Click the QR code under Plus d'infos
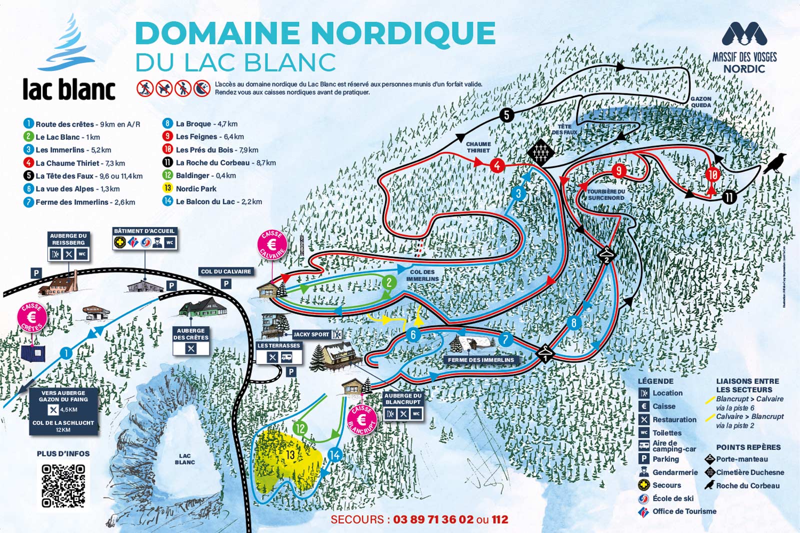point(63,486)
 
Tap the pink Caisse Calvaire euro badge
point(272,245)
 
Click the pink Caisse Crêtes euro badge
point(32,317)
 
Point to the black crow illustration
point(774,163)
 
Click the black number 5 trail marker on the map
point(506,115)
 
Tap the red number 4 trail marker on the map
point(496,165)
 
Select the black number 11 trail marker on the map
point(729,197)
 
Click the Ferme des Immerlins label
point(480,360)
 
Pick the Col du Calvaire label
point(226,271)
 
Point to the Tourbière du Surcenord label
point(606,194)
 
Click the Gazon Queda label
point(700,102)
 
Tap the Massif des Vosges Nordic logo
point(744,48)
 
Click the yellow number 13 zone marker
point(290,454)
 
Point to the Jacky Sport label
point(311,334)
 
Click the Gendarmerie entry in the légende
point(674,472)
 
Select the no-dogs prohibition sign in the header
point(164,88)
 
